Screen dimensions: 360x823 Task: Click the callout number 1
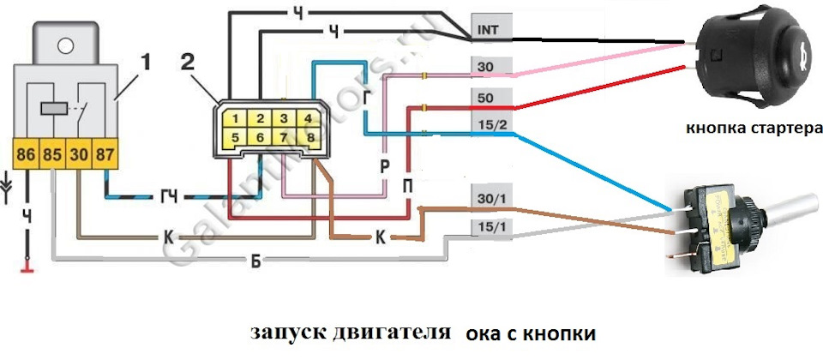[x=146, y=61]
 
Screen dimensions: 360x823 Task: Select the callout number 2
[x=189, y=61]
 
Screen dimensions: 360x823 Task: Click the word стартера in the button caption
[x=780, y=129]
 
